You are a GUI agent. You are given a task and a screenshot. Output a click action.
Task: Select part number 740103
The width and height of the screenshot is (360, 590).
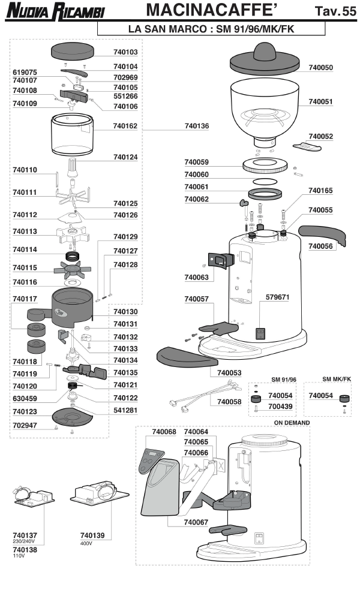click(x=125, y=53)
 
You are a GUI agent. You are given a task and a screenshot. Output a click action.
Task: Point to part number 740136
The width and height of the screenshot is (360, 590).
click(x=197, y=127)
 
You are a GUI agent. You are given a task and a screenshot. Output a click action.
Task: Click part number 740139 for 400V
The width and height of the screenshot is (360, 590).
click(x=93, y=534)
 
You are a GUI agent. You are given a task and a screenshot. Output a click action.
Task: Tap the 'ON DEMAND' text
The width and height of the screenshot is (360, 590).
click(x=292, y=423)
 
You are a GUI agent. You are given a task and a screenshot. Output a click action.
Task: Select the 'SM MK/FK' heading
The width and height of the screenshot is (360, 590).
click(x=328, y=380)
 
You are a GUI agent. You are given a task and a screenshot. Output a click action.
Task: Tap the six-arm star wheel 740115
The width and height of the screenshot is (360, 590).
click(x=72, y=267)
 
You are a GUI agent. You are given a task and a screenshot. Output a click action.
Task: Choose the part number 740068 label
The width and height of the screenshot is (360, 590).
click(x=164, y=432)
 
